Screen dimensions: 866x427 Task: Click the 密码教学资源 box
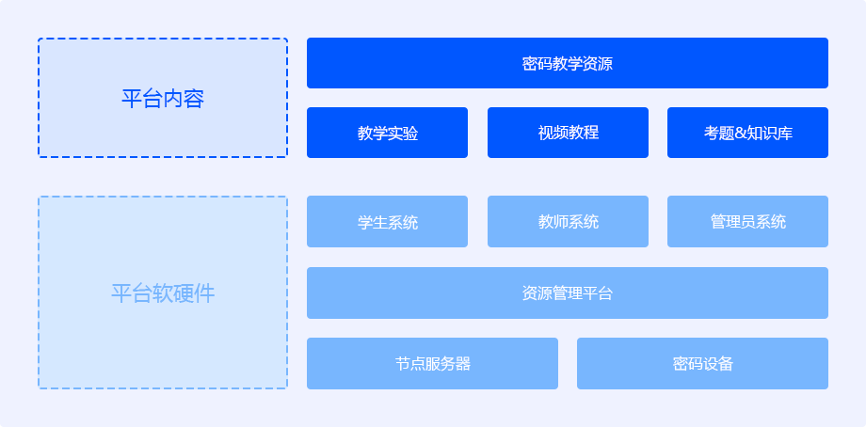click(x=568, y=63)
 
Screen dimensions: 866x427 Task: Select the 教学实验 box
click(x=387, y=133)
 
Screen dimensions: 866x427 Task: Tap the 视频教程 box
click(x=568, y=133)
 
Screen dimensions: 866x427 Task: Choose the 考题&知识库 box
click(x=747, y=133)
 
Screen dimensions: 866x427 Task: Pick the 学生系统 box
click(x=387, y=221)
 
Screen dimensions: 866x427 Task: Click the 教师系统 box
click(x=568, y=221)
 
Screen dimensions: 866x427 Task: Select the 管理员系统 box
click(x=747, y=221)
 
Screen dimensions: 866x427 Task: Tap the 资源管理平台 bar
click(x=568, y=293)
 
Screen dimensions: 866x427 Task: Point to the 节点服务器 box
click(x=432, y=364)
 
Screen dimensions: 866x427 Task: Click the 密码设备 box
click(x=702, y=364)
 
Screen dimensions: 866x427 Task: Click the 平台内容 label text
click(x=163, y=99)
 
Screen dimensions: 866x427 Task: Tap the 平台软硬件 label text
click(x=163, y=293)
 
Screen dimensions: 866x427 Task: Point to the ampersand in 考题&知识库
click(x=740, y=134)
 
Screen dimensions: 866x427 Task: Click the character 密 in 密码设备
click(x=680, y=364)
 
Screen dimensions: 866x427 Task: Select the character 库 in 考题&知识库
click(x=785, y=133)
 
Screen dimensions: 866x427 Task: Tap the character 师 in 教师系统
click(x=561, y=222)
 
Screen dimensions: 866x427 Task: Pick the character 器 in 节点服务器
click(x=463, y=364)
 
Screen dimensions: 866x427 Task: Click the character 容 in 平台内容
click(x=195, y=99)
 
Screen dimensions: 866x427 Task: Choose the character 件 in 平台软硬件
click(x=205, y=293)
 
